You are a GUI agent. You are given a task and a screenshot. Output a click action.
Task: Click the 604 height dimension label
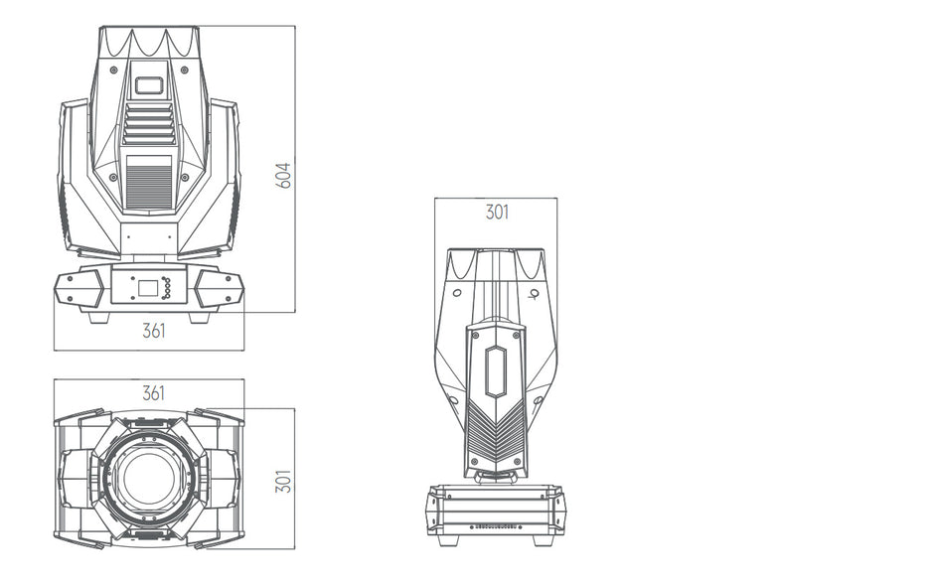point(284,175)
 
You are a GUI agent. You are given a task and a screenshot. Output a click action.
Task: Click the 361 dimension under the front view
point(153,331)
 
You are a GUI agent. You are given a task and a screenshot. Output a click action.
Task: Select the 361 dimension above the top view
point(153,393)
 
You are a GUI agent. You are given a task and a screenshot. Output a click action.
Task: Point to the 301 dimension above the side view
point(497,212)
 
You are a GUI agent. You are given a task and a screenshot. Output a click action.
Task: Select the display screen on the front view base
point(147,288)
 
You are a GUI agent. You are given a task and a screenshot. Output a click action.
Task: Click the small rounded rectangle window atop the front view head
point(149,85)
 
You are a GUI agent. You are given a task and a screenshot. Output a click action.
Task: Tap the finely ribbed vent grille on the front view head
point(149,187)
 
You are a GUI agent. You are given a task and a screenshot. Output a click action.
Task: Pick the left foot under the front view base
point(98,317)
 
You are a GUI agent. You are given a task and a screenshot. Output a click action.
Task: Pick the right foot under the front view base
point(199,317)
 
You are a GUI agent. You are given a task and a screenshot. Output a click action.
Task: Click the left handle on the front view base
point(78,288)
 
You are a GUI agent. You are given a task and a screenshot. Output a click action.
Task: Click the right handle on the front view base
point(220,288)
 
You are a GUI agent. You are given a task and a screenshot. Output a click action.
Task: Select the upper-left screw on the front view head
point(114,70)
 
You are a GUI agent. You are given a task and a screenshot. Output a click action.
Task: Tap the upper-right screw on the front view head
point(184,70)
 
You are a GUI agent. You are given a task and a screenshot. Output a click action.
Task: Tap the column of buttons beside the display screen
point(167,288)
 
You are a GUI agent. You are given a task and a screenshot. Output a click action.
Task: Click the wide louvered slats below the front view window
point(149,124)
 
